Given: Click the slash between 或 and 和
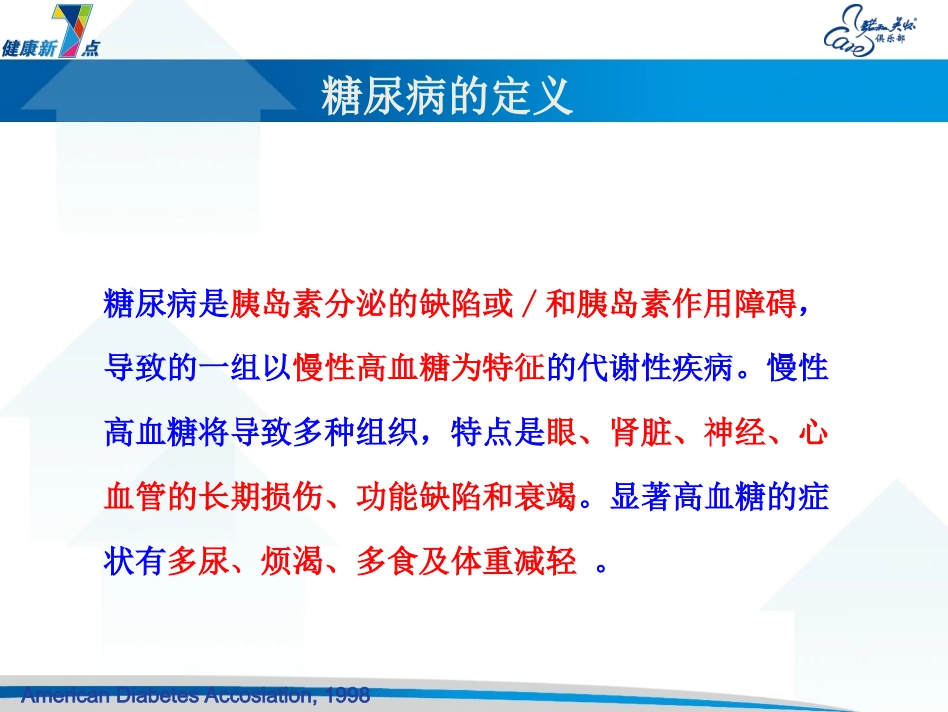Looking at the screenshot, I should (x=529, y=305).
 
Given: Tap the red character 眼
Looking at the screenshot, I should (x=559, y=433).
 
